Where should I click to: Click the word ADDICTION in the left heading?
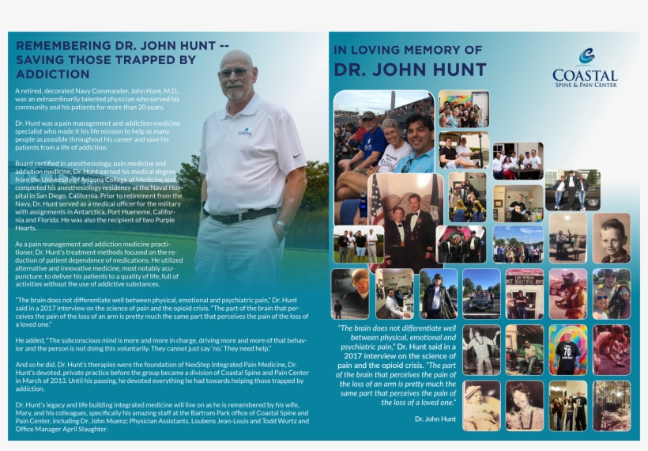[53, 74]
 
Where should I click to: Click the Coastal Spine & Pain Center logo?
[585, 68]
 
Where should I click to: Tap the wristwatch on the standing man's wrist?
[281, 225]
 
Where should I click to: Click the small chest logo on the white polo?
[246, 132]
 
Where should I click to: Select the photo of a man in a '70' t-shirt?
[568, 350]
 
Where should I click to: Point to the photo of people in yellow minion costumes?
[468, 198]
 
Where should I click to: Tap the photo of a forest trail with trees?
[612, 405]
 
